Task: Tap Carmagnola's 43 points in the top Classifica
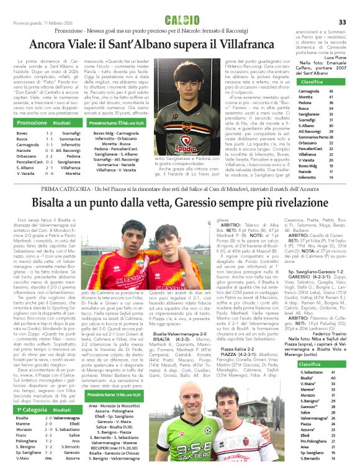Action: pos(332,91)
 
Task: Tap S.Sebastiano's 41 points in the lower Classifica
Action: pos(333,371)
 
